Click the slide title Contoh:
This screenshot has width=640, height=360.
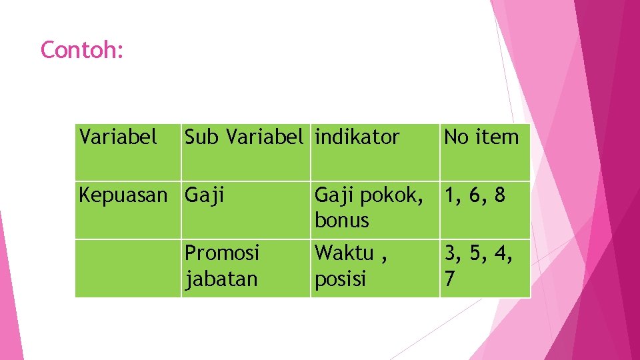pyautogui.click(x=82, y=50)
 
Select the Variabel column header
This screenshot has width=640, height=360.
pyautogui.click(x=118, y=137)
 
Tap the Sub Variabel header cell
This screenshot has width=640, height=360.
pyautogui.click(x=244, y=137)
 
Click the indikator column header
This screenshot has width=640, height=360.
pyautogui.click(x=357, y=137)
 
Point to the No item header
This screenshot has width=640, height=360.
pyautogui.click(x=481, y=137)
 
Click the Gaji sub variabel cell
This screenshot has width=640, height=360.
pyautogui.click(x=205, y=195)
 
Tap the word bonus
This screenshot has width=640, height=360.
pyautogui.click(x=341, y=220)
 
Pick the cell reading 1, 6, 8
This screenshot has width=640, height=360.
pyautogui.click(x=475, y=195)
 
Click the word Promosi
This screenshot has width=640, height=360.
pyautogui.click(x=222, y=253)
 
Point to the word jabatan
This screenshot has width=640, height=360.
pyautogui.click(x=221, y=279)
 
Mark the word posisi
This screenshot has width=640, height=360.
pyautogui.click(x=340, y=279)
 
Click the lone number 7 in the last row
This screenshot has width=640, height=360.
pyautogui.click(x=451, y=279)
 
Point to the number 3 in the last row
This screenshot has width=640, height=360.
pyautogui.click(x=451, y=253)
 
